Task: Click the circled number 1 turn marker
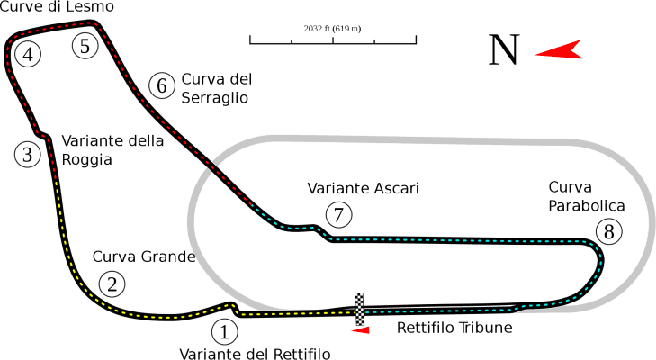click(225, 330)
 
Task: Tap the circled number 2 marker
click(111, 284)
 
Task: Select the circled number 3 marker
click(29, 155)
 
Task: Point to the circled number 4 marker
click(29, 55)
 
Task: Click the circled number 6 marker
click(161, 85)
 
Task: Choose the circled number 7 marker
click(337, 215)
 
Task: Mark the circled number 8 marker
click(610, 232)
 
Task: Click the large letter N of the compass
click(504, 50)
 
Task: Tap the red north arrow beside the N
click(558, 50)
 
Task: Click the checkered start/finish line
click(360, 309)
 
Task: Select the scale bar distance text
click(332, 29)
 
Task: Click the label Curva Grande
click(144, 257)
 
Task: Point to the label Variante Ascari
click(364, 189)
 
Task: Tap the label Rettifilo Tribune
click(454, 328)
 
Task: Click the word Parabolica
click(586, 206)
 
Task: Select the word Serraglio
click(214, 97)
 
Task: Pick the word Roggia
click(87, 160)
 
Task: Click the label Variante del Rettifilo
click(255, 353)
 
